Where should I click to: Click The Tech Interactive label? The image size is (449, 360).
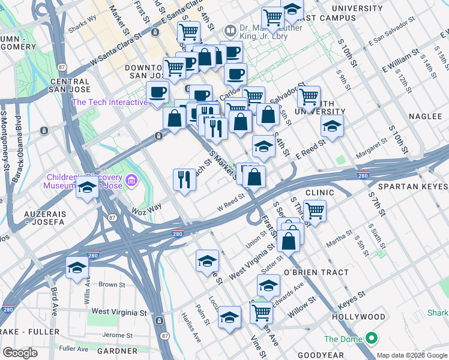point(109,102)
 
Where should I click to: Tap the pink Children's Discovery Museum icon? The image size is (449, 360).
point(131,179)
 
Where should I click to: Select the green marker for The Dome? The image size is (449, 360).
point(372,339)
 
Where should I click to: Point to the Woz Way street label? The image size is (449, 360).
point(147,208)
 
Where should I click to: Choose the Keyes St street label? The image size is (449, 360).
point(352,296)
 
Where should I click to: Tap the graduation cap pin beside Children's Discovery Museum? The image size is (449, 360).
point(87,188)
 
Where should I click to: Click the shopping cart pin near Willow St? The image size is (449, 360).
point(261,311)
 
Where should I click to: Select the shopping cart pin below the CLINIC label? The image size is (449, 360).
point(315,211)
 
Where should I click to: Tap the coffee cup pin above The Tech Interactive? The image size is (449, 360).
point(158,92)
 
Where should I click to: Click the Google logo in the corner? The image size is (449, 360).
point(20,353)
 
